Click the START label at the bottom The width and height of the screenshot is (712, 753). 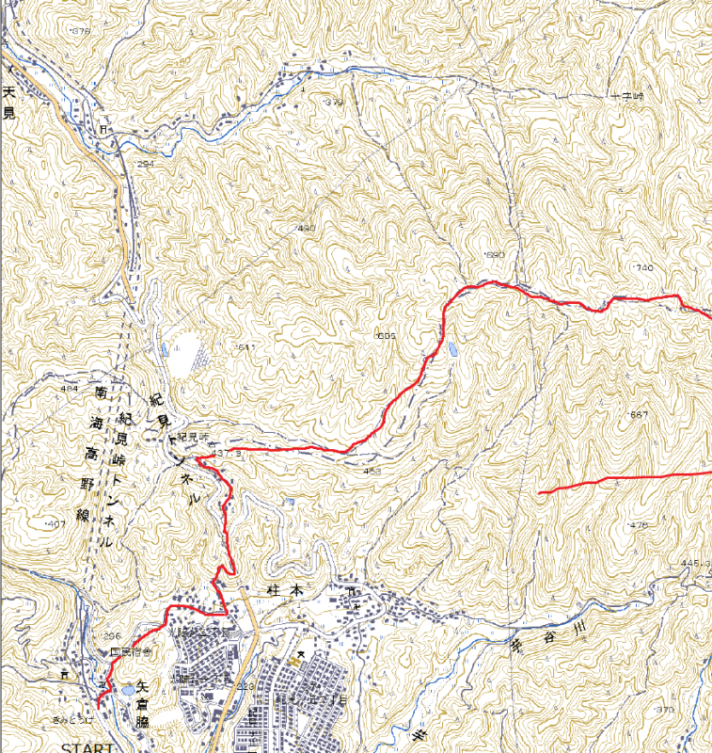pos(87,746)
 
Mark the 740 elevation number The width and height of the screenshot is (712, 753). pos(642,268)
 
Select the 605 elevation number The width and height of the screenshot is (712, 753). pos(386,336)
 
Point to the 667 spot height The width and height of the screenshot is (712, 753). pos(637,414)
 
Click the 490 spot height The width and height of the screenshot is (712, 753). pos(306,229)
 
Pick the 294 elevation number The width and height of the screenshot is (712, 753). pos(144,164)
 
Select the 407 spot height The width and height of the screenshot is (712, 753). pos(55,522)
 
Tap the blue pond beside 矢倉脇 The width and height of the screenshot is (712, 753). pos(126,691)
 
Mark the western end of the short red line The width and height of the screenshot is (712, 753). pos(539,492)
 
